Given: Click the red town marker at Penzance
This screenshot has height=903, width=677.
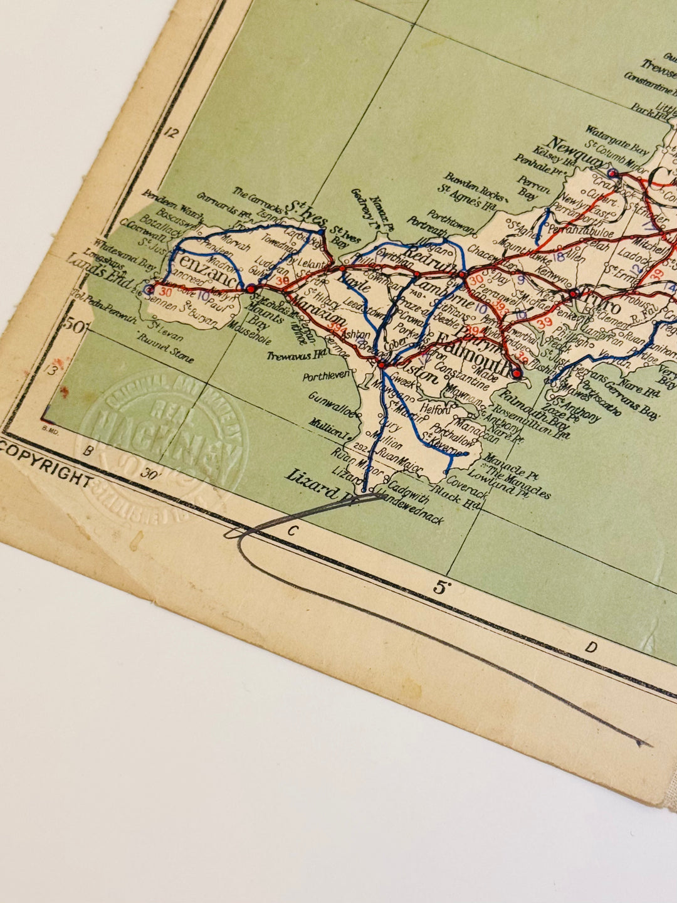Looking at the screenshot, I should [x=251, y=288].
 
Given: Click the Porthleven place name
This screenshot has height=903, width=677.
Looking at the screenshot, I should [x=325, y=377].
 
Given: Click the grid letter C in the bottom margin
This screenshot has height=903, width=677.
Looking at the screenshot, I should [x=291, y=531].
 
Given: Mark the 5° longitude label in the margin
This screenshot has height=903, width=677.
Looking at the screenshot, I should [x=441, y=588].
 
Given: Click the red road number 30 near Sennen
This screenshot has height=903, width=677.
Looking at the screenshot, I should [x=166, y=292].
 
